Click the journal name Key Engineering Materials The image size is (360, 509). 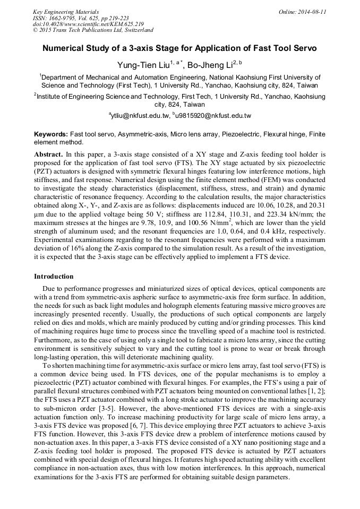(66, 12)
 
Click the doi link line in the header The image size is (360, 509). (88, 24)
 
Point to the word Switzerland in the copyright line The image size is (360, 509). (137, 31)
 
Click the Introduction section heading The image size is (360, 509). (54, 277)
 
